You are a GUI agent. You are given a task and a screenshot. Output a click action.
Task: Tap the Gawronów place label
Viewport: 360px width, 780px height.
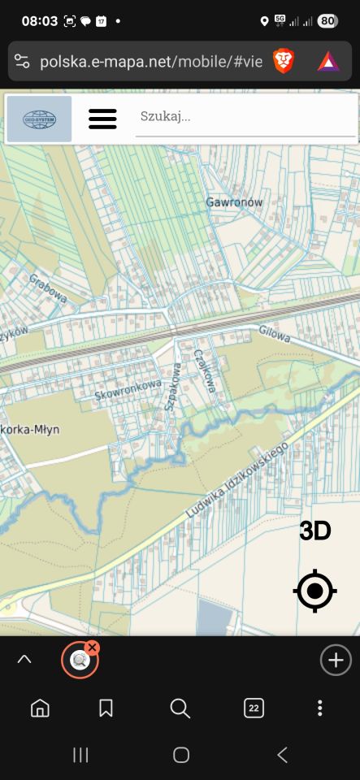click(234, 201)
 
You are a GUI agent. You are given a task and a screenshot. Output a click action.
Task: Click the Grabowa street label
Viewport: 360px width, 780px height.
click(47, 288)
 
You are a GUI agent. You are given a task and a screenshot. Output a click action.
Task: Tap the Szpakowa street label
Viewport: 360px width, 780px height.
click(171, 387)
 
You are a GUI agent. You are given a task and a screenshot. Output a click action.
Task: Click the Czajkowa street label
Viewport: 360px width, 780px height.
click(204, 370)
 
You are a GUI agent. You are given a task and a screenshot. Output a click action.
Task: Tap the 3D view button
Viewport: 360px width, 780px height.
click(315, 531)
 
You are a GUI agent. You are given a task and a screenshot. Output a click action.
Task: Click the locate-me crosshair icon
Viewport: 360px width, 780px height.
click(315, 591)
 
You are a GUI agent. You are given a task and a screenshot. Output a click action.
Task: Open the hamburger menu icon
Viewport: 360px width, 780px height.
click(102, 119)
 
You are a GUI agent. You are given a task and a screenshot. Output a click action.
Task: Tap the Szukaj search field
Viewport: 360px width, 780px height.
click(244, 117)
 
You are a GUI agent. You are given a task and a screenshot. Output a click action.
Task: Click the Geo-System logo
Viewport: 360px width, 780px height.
click(40, 119)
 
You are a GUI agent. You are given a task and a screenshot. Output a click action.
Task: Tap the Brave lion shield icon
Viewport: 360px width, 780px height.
click(284, 61)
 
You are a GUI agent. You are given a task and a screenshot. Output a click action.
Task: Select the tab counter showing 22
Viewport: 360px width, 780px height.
click(254, 708)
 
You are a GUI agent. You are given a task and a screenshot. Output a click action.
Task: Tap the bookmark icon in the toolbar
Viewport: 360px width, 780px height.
click(106, 708)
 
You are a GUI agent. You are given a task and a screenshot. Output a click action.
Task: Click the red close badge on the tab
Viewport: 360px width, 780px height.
click(93, 648)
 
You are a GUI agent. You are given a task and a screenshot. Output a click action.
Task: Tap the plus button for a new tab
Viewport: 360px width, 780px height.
click(336, 660)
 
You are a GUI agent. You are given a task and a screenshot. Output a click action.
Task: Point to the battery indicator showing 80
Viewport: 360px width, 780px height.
click(328, 21)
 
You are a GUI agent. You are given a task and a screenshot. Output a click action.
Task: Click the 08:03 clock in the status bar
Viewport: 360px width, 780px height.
click(40, 21)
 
